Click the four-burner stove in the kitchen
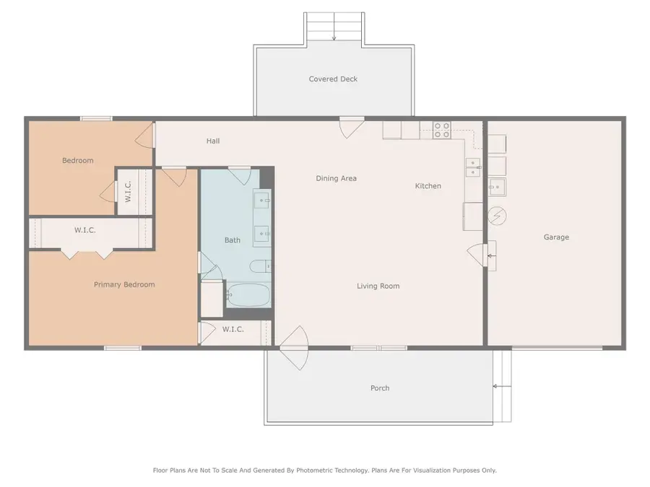pyautogui.click(x=441, y=130)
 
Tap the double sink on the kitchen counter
pyautogui.click(x=473, y=167)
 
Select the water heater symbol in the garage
pyautogui.click(x=497, y=214)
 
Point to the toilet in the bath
pyautogui.click(x=260, y=267)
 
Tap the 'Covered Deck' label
pyautogui.click(x=333, y=79)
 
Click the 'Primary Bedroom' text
pyautogui.click(x=124, y=285)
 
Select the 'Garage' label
pyautogui.click(x=556, y=237)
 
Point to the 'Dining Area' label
pyautogui.click(x=336, y=179)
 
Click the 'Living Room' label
pyautogui.click(x=378, y=286)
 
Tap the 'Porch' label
pyautogui.click(x=380, y=388)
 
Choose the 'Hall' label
pyautogui.click(x=212, y=141)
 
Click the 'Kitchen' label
pyautogui.click(x=428, y=186)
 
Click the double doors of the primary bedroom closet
pyautogui.click(x=86, y=252)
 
